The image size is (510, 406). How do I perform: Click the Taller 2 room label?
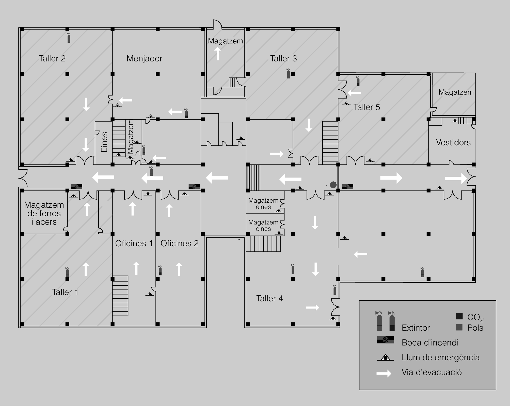click(52, 58)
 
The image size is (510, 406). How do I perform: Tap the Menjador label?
click(144, 59)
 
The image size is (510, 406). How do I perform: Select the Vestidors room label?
click(453, 142)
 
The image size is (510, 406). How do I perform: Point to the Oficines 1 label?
click(134, 243)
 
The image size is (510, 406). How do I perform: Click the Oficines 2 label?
click(179, 243)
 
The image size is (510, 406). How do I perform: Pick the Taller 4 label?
click(269, 298)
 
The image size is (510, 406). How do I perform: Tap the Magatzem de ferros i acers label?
click(44, 213)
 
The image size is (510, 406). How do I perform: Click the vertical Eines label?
click(104, 142)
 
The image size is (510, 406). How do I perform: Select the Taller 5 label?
click(367, 107)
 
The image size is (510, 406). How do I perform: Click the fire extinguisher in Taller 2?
click(69, 38)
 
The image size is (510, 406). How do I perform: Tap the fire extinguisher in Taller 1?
click(67, 272)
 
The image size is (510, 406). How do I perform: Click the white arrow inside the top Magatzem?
click(218, 54)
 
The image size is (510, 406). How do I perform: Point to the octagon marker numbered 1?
click(333, 185)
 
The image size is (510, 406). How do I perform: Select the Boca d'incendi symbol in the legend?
click(386, 340)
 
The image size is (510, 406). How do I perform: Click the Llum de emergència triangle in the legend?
click(386, 358)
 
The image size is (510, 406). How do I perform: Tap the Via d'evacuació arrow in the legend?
click(384, 373)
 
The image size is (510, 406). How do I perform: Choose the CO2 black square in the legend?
click(459, 316)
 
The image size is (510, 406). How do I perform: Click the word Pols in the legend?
click(475, 328)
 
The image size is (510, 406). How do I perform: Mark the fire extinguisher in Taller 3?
click(288, 73)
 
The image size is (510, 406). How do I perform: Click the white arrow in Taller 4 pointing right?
click(312, 307)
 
